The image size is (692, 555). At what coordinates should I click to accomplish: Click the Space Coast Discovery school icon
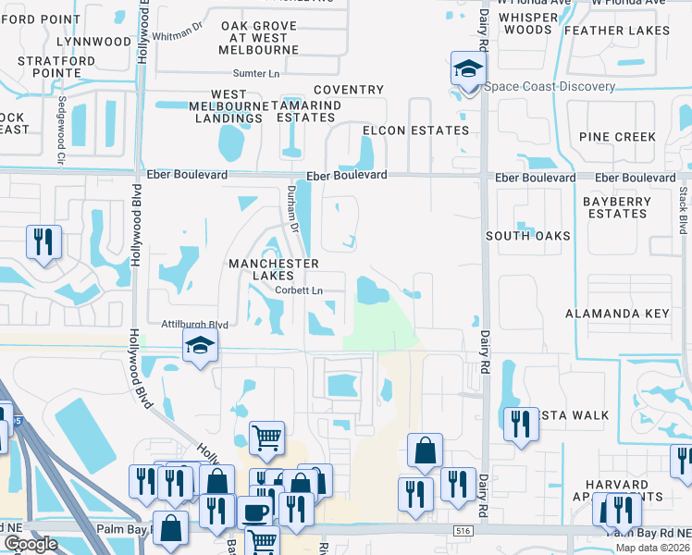coord(468,69)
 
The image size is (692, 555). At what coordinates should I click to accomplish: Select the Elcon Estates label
coord(415,130)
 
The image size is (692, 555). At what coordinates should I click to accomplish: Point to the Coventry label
coord(348,90)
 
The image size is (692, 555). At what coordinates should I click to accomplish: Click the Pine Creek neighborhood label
coord(617,137)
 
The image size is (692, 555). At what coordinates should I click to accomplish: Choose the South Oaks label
coord(528,236)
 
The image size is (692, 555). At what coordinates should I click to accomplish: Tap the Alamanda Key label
coord(617,314)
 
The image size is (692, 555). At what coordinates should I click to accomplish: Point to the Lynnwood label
coord(93,42)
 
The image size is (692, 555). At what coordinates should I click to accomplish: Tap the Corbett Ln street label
coord(298,290)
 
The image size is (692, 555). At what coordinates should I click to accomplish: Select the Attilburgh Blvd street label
coord(194,325)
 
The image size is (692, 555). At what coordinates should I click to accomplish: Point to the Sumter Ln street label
coord(256,73)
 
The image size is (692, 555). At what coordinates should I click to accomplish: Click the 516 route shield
coord(463,530)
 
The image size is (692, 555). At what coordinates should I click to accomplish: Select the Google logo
coord(31,544)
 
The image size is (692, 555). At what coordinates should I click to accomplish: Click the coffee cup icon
coord(255,512)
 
